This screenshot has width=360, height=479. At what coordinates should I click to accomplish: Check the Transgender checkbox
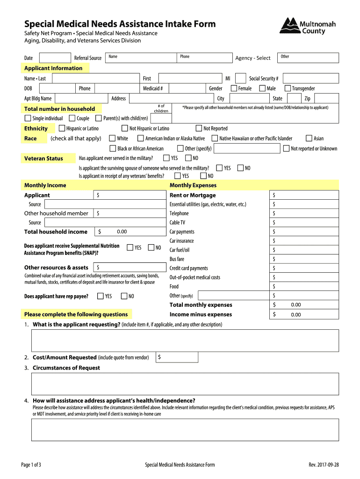point(288,88)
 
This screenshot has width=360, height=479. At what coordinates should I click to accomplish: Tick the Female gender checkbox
point(234,88)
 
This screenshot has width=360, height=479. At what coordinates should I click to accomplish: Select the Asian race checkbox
point(309,138)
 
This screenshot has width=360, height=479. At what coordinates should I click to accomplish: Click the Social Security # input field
point(311,79)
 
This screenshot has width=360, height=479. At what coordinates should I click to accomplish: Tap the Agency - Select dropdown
point(254,58)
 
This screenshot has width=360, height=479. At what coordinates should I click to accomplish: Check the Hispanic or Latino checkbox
point(62,128)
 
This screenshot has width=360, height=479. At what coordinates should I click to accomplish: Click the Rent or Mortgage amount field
point(303,195)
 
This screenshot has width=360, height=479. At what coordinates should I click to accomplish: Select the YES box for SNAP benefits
point(130,247)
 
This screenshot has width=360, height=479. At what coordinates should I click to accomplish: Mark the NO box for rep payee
point(124,296)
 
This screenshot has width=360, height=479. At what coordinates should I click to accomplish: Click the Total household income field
point(130,232)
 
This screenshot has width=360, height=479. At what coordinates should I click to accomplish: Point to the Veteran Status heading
point(43,159)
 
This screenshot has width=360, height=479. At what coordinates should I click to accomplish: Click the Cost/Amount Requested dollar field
point(177,357)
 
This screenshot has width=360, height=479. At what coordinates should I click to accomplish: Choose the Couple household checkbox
point(72,118)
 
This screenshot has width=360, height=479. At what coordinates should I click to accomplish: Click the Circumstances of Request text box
point(185,384)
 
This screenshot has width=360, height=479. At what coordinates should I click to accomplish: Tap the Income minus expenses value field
point(303,314)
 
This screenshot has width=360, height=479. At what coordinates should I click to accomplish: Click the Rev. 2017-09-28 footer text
point(324,464)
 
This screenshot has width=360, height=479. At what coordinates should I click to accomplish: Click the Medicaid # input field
point(185,88)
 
